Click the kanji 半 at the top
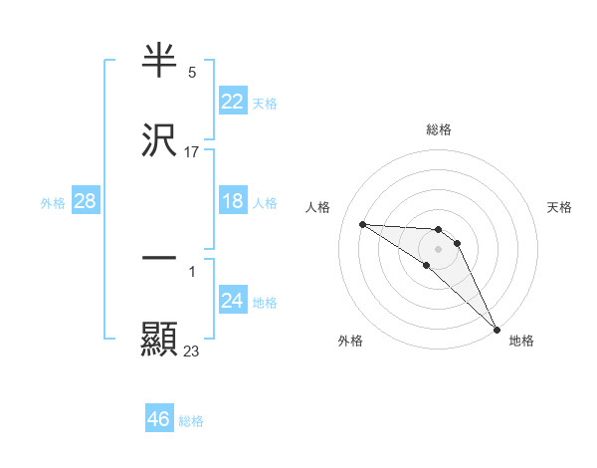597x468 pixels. tap(159, 62)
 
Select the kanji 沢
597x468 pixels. tap(159, 140)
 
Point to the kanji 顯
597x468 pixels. tap(159, 338)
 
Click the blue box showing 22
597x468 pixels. tap(232, 102)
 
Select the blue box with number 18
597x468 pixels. tap(232, 201)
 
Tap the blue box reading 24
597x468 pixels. tap(232, 301)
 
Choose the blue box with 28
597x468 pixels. tap(85, 202)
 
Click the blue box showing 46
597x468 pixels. tap(158, 419)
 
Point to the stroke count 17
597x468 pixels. tap(192, 152)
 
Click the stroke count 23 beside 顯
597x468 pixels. tap(192, 350)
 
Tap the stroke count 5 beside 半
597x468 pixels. tap(192, 73)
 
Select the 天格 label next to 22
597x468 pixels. tap(265, 103)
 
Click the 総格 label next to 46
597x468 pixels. tap(191, 421)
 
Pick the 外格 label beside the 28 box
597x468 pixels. tap(53, 203)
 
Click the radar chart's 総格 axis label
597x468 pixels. tap(439, 129)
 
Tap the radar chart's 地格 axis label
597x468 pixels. tap(521, 341)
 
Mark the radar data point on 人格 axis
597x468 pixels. tap(362, 224)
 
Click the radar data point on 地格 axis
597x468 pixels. tap(497, 329)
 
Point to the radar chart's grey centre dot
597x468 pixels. tap(439, 248)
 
